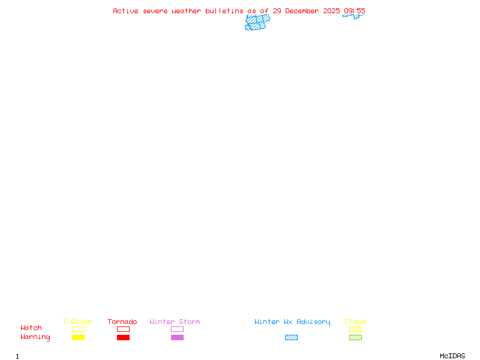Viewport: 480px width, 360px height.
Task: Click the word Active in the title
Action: click(x=126, y=11)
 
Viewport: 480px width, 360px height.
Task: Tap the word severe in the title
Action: click(x=155, y=11)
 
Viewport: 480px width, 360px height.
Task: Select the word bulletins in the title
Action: click(x=224, y=11)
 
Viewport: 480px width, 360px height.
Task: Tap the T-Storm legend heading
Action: click(x=77, y=322)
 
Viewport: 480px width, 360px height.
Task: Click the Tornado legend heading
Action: click(x=122, y=322)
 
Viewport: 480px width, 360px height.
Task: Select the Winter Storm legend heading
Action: click(x=175, y=322)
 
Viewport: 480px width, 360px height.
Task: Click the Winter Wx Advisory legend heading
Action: click(x=292, y=322)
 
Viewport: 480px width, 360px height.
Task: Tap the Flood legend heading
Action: click(x=355, y=322)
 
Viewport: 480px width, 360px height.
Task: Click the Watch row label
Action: click(x=31, y=328)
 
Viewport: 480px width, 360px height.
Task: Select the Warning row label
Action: click(x=35, y=337)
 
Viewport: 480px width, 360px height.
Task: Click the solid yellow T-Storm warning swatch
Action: click(x=78, y=338)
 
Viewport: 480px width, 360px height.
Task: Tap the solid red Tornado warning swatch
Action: click(x=123, y=338)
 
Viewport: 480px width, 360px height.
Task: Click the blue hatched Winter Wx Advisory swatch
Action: click(x=291, y=338)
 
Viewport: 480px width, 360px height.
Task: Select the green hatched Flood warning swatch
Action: click(x=355, y=338)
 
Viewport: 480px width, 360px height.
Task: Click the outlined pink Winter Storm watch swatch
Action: click(x=177, y=329)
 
